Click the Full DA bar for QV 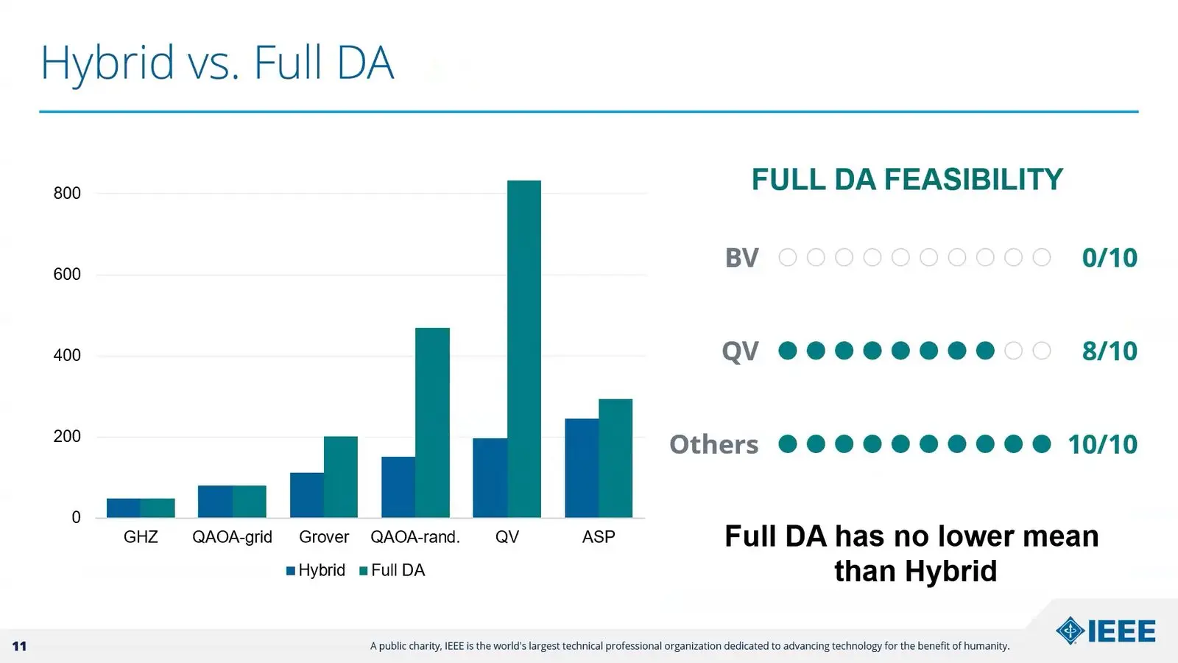(523, 349)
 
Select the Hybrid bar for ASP (582, 469)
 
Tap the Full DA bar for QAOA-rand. (432, 423)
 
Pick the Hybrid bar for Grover (306, 495)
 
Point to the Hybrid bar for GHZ (124, 508)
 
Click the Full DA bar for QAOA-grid (250, 502)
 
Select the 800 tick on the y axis (67, 193)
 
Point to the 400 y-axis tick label (67, 355)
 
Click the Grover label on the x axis (324, 537)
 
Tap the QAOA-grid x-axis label (232, 537)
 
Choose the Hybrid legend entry (316, 570)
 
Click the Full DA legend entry (392, 570)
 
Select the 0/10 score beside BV (1110, 258)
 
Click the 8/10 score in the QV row (1110, 351)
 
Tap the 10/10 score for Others (1103, 444)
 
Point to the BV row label (742, 258)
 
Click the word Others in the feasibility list (713, 444)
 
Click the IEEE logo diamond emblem (1070, 631)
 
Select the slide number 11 (19, 646)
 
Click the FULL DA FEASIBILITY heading (907, 179)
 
